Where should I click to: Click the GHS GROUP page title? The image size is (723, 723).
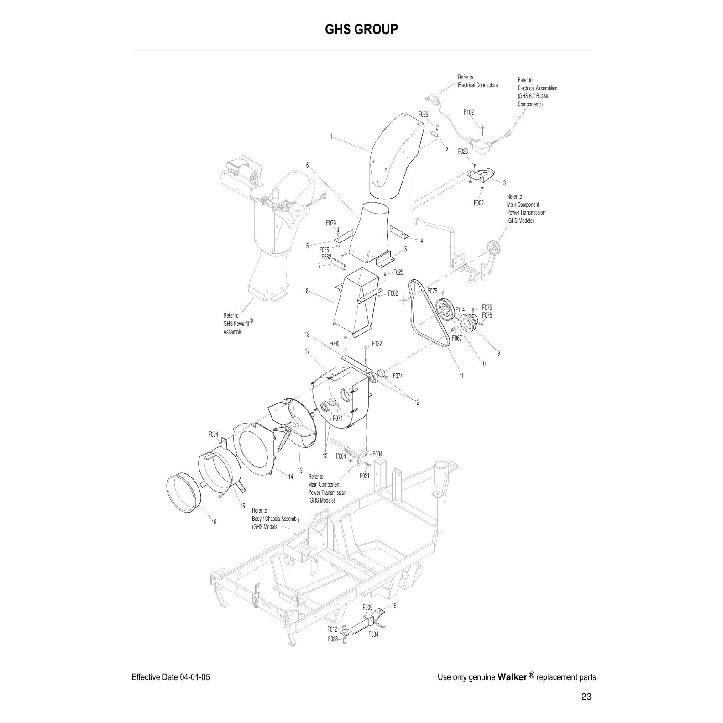click(x=361, y=29)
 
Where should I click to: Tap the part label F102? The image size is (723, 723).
click(x=468, y=112)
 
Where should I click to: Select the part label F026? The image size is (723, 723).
click(x=462, y=152)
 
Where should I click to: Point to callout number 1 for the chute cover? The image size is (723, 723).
click(x=331, y=136)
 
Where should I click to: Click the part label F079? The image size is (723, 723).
click(x=331, y=223)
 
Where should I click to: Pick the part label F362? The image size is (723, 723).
click(x=326, y=257)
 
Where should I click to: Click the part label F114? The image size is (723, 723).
click(x=460, y=310)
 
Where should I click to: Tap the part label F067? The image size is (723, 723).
click(x=457, y=338)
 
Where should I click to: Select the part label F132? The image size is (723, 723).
click(x=377, y=344)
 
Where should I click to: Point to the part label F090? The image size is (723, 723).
click(x=335, y=343)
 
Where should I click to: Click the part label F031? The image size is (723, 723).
click(x=364, y=476)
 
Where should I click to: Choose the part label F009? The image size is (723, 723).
click(x=367, y=608)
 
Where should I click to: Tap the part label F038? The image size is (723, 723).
click(x=333, y=639)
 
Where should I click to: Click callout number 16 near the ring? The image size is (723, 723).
click(x=214, y=522)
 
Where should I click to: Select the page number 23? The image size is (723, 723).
click(x=587, y=697)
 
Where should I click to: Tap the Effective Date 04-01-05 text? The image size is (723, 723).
click(x=171, y=677)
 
